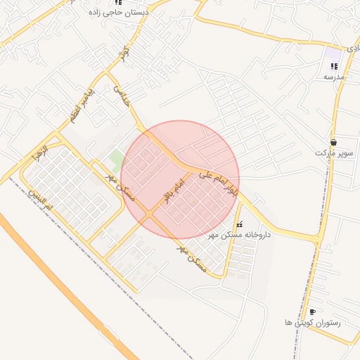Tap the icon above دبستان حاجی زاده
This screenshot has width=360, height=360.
117,2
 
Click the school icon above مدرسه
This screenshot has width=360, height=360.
333,66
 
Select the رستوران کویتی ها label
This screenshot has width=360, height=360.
312,322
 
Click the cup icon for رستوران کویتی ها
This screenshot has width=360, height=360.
312,311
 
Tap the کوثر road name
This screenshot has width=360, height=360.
124,52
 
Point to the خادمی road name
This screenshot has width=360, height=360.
121,96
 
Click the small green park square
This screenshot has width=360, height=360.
115,155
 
